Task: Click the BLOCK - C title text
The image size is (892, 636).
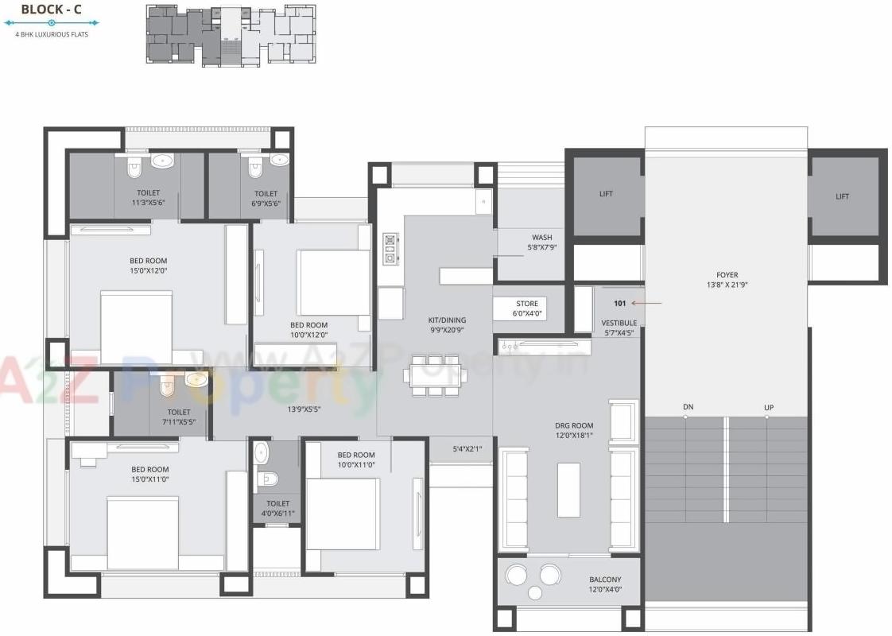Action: [x=49, y=10]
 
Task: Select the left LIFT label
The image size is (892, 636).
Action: [x=606, y=194]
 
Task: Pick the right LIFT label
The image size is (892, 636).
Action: [x=842, y=196]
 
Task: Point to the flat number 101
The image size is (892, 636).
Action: [x=620, y=303]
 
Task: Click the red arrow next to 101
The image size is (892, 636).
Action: [x=652, y=303]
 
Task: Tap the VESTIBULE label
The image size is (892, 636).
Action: [x=619, y=328]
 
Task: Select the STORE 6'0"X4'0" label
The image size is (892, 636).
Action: [x=527, y=308]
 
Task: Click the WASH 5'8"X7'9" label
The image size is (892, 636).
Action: [x=541, y=242]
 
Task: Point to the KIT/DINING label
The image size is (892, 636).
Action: [x=447, y=324]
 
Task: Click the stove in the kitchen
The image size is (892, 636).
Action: [x=390, y=248]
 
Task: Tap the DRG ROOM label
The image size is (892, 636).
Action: [x=573, y=430]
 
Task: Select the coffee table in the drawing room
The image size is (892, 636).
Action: [x=568, y=489]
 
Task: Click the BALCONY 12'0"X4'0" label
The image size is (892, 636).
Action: [x=605, y=584]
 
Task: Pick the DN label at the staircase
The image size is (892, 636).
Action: [x=688, y=407]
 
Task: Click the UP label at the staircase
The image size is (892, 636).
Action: [x=769, y=407]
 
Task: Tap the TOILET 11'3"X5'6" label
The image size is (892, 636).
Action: [x=148, y=197]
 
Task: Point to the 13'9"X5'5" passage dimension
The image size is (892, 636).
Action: [x=304, y=409]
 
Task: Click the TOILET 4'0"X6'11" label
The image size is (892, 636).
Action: [x=278, y=508]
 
